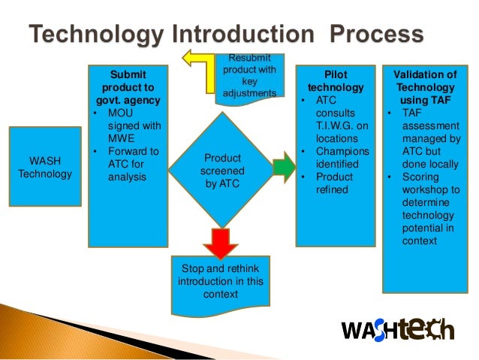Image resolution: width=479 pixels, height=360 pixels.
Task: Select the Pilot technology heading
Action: [335, 81]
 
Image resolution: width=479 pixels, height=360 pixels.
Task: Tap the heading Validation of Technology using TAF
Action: [425, 86]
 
